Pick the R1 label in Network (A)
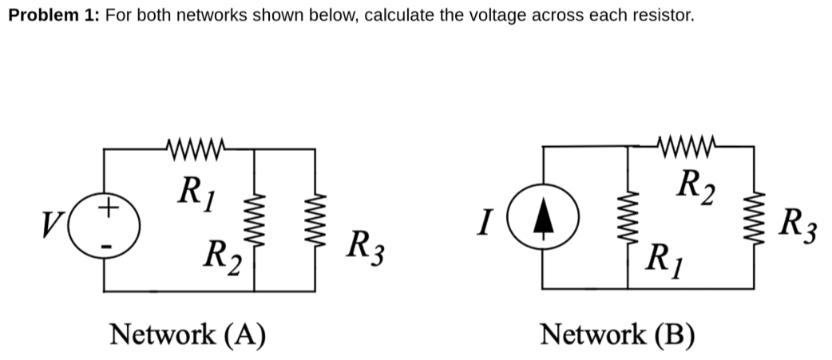tap(194, 189)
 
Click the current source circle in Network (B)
tap(544, 220)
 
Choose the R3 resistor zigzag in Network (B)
tap(753, 220)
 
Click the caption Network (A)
tap(187, 333)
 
